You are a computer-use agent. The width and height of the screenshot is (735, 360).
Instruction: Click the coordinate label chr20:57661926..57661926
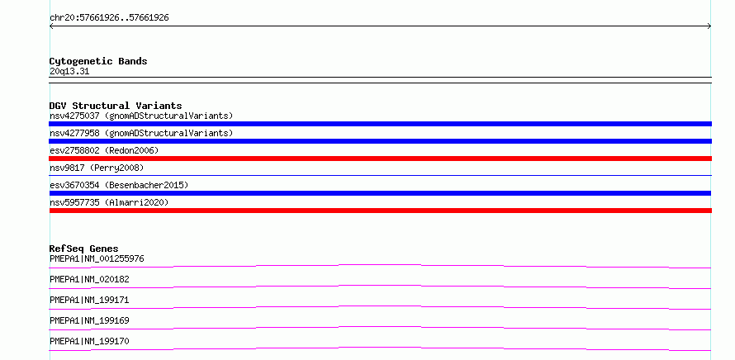(x=109, y=18)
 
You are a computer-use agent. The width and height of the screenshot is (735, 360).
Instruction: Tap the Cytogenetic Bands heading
(x=98, y=61)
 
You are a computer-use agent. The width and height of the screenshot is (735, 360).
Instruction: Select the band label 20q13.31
(x=69, y=72)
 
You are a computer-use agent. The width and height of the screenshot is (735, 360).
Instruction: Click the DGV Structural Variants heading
(x=116, y=106)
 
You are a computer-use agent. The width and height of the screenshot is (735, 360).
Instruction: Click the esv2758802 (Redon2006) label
(x=104, y=150)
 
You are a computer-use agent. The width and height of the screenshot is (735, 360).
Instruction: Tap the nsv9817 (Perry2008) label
(x=97, y=168)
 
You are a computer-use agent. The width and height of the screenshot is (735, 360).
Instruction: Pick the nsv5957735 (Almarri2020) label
(x=109, y=202)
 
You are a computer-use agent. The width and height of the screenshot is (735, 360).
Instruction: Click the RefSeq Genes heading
(x=84, y=249)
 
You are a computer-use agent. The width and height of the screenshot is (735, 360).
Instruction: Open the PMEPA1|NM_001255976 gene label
(x=97, y=258)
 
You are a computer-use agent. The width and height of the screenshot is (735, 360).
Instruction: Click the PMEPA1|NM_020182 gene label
(x=89, y=279)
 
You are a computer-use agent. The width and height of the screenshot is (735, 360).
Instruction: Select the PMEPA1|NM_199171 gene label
(x=89, y=300)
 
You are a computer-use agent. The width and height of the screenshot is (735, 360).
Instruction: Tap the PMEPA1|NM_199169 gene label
(x=89, y=320)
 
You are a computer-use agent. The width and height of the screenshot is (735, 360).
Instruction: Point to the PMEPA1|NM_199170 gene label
(x=89, y=341)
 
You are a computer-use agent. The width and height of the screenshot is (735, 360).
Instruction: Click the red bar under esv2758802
(x=380, y=159)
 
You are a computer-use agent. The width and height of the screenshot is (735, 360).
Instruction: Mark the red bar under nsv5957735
(x=380, y=211)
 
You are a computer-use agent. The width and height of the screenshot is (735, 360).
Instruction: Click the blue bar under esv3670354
(x=380, y=193)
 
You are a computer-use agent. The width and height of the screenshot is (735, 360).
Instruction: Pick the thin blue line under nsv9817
(x=380, y=175)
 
